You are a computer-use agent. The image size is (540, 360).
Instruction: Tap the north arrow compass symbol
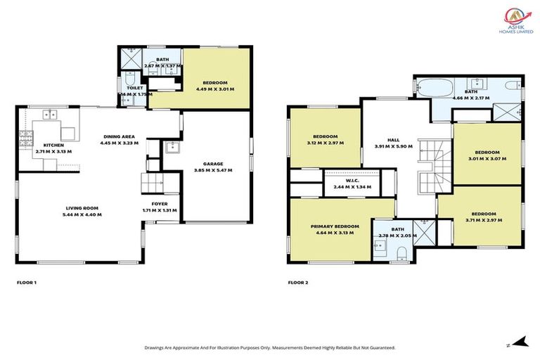(x=519, y=342)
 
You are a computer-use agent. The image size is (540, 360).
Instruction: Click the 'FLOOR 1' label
(x=26, y=283)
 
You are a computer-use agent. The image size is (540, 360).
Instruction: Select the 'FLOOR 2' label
(x=297, y=283)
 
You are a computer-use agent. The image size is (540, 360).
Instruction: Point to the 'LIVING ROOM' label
(x=83, y=208)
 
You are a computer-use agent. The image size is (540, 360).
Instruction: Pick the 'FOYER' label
(x=160, y=204)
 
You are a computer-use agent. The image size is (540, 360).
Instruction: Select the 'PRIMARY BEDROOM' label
(x=335, y=226)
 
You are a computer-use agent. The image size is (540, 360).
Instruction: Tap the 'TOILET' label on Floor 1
(x=135, y=88)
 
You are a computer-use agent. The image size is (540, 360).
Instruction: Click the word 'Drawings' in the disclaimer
(x=156, y=347)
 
